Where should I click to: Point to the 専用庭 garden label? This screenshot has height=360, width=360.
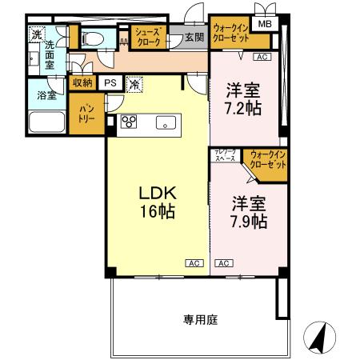click(199, 320)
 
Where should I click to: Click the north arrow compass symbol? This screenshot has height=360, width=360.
click(318, 338)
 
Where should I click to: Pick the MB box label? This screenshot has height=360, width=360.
click(263, 24)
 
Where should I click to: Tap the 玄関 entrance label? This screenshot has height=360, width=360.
click(194, 37)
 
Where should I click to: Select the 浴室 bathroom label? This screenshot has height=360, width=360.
click(46, 95)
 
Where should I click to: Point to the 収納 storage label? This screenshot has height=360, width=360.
click(83, 82)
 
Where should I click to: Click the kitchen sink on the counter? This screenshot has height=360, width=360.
click(166, 122)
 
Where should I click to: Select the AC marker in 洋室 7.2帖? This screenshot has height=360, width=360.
click(261, 58)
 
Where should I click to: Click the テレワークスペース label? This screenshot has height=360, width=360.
click(224, 156)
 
